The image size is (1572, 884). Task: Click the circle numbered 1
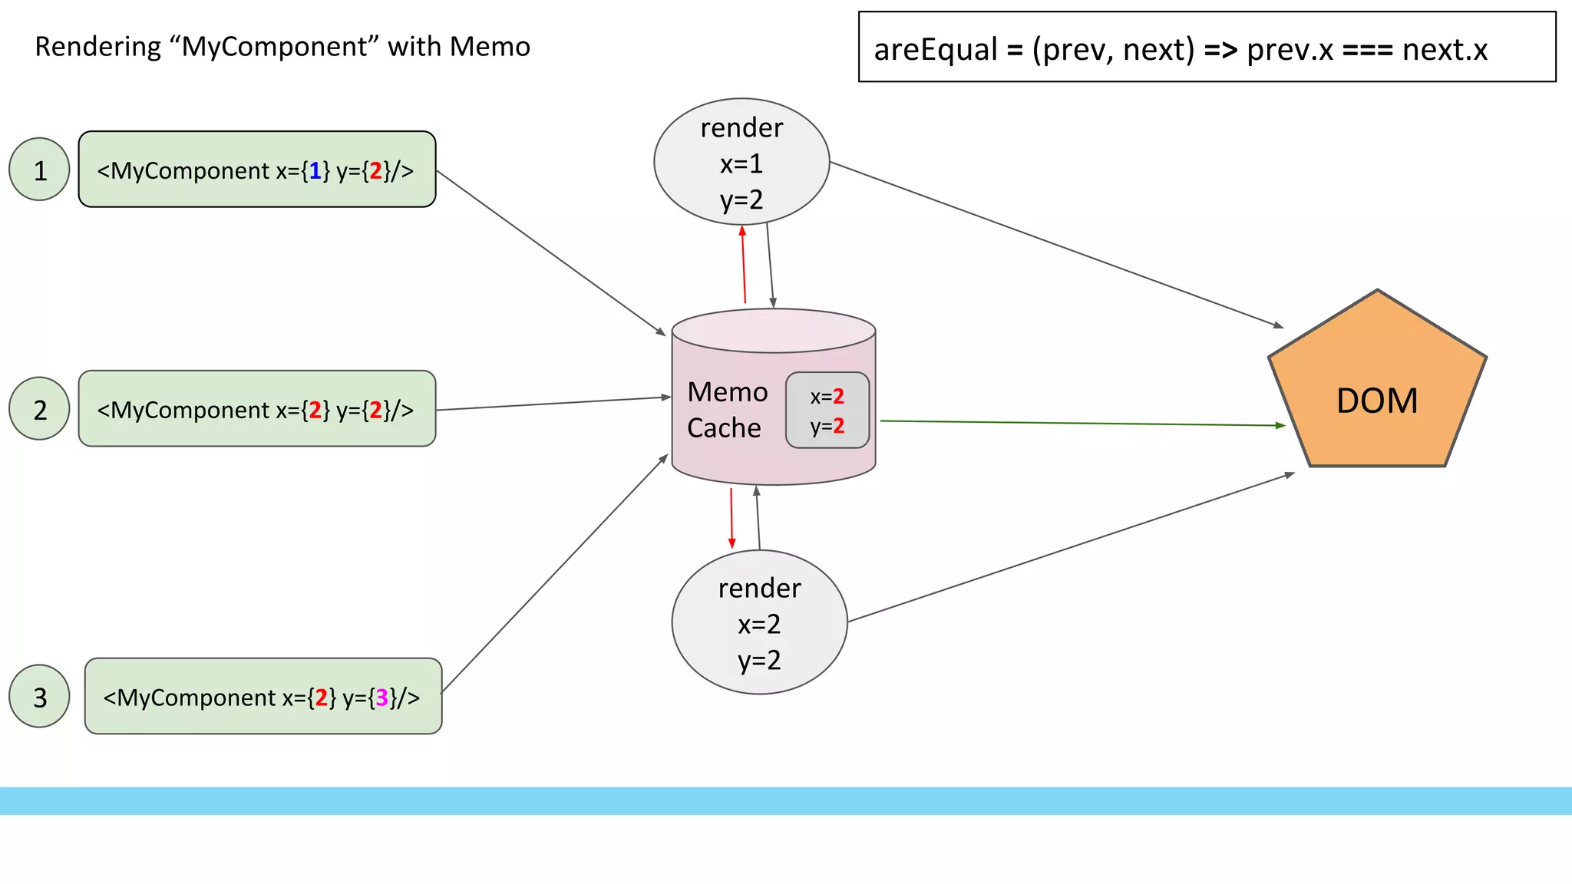tap(39, 170)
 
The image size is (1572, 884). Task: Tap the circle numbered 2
tap(39, 409)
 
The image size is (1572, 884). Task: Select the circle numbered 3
tap(39, 696)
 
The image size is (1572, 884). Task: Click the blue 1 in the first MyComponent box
tap(315, 170)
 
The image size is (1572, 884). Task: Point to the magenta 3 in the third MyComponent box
tap(381, 698)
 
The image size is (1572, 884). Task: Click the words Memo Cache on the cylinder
tap(726, 410)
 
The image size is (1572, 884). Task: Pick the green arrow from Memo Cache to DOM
tap(1082, 423)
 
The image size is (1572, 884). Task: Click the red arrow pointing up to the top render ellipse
tap(743, 265)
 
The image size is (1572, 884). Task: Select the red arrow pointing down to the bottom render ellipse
tap(732, 519)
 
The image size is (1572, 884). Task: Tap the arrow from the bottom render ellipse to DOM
tap(1071, 548)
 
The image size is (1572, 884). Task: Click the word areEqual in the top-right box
tap(935, 50)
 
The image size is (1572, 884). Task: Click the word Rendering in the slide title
tap(97, 47)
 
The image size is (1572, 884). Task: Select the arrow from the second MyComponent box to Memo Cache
tap(553, 404)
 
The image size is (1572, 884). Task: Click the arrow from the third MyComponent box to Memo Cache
tap(554, 575)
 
